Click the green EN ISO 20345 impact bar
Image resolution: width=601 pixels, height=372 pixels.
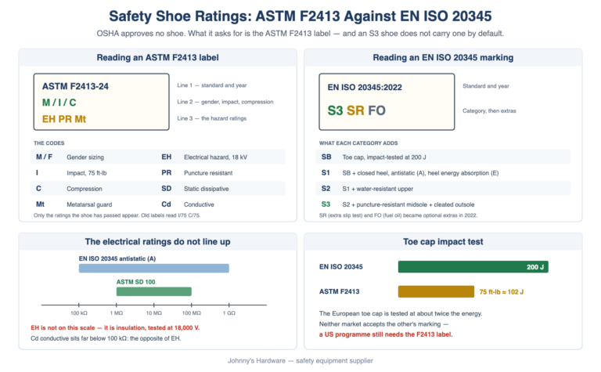[473, 267]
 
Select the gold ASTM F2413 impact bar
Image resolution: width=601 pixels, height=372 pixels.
[436, 291]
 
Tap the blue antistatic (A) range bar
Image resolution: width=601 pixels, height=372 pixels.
[154, 268]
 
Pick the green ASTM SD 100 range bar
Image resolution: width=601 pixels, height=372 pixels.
[154, 291]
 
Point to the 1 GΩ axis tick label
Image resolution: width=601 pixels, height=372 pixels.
[229, 313]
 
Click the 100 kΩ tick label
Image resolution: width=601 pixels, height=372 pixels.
[79, 313]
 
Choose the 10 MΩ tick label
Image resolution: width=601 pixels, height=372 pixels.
[154, 313]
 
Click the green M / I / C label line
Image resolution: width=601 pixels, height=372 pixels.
[59, 103]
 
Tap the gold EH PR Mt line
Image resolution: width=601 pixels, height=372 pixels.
[64, 119]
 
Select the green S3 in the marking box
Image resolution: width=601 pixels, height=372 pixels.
[335, 110]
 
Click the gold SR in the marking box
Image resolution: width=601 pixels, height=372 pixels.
[355, 110]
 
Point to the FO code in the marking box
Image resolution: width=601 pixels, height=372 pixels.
[376, 110]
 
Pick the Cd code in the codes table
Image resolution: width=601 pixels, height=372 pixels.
[167, 204]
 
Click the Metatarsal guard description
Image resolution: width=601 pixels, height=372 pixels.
[89, 204]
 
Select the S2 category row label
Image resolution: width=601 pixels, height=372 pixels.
[326, 189]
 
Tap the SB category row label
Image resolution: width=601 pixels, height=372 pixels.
[326, 157]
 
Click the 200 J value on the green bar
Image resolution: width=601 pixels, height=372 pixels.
[535, 267]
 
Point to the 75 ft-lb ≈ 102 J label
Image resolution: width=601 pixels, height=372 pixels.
[502, 292]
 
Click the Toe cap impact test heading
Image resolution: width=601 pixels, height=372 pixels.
[443, 242]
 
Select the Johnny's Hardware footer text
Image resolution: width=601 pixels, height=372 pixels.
[300, 360]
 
